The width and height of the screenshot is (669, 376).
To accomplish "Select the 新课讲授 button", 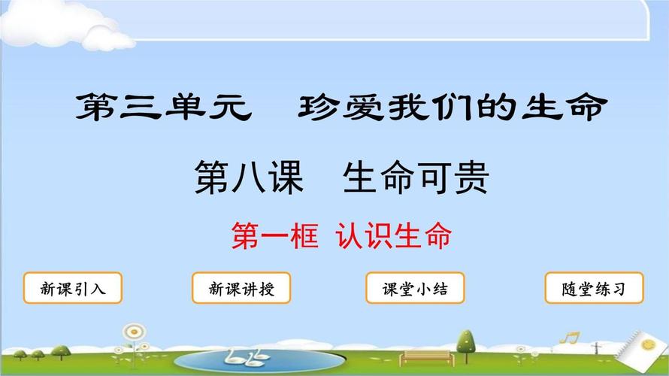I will (x=241, y=289).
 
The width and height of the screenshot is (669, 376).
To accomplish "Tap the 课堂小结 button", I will (x=415, y=289).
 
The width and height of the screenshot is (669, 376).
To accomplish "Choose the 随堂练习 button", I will (x=594, y=289).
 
